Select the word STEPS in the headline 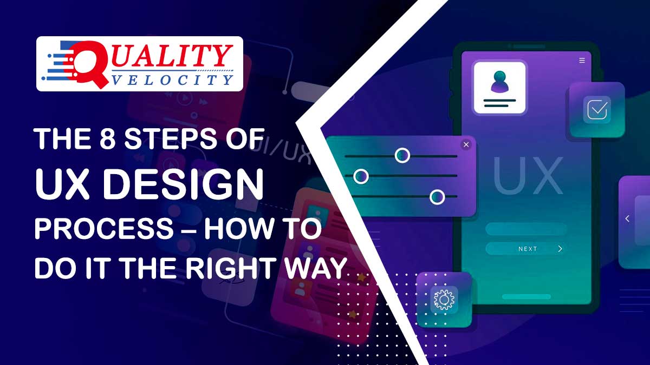[170, 139]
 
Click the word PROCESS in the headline [104, 229]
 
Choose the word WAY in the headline [315, 268]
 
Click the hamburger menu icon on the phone [582, 60]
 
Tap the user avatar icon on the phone [499, 82]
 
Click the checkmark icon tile [597, 109]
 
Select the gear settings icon [444, 299]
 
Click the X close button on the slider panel [466, 144]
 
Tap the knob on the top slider [402, 155]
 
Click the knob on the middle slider [361, 176]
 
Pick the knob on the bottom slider [437, 197]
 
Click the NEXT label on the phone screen [528, 249]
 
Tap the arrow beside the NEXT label [560, 249]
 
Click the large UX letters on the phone [528, 176]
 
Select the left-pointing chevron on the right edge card [627, 218]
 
